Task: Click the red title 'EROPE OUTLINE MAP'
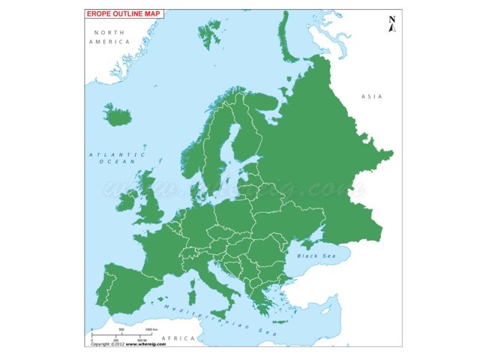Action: (124, 13)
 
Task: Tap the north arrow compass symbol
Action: (391, 25)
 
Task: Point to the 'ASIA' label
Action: (372, 97)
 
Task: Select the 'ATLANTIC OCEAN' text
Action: (112, 157)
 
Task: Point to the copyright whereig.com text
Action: (124, 345)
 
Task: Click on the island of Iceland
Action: (117, 115)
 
